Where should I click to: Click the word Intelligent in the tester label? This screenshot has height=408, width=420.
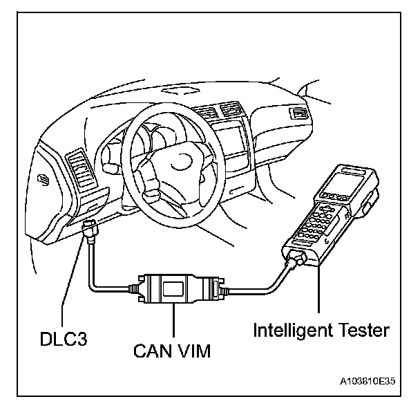[x=293, y=330]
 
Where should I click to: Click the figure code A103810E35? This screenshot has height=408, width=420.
[x=368, y=381]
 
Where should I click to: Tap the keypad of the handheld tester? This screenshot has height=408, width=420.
[x=314, y=225]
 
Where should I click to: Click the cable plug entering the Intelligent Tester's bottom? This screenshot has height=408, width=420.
[x=294, y=261]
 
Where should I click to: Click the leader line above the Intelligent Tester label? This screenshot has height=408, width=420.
[x=319, y=297]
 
